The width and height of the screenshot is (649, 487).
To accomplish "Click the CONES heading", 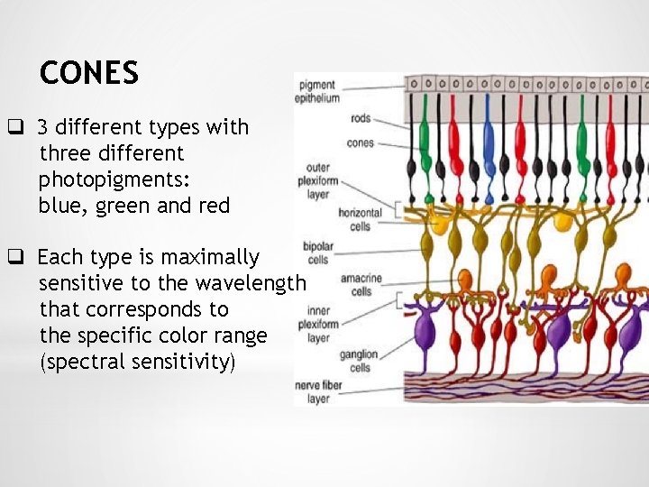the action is [x=89, y=73].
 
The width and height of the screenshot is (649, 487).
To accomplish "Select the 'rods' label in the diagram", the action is [x=361, y=118].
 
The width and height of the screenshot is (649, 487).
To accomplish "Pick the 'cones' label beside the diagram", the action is [x=360, y=142].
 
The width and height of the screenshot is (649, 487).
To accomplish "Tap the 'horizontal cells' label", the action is [x=361, y=219].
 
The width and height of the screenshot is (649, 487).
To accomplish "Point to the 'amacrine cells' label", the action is [x=355, y=285].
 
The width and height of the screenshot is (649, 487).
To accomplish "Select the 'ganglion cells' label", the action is [x=358, y=361].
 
